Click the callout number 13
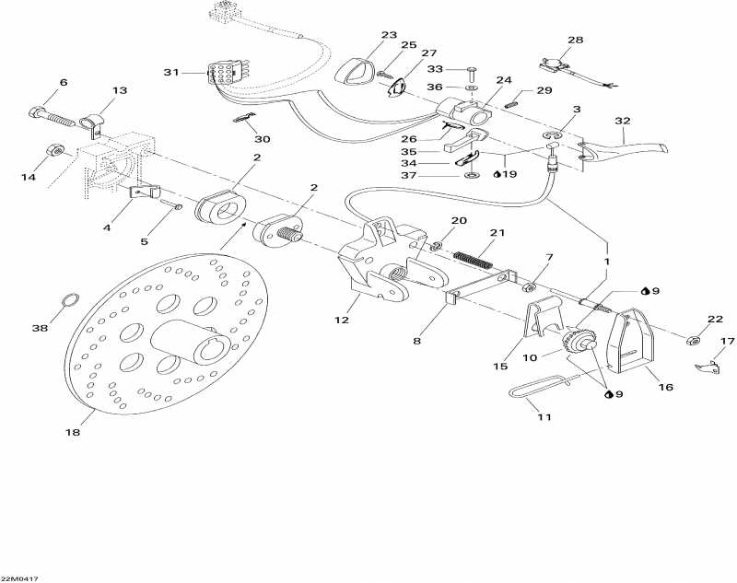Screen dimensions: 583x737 [120, 90]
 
